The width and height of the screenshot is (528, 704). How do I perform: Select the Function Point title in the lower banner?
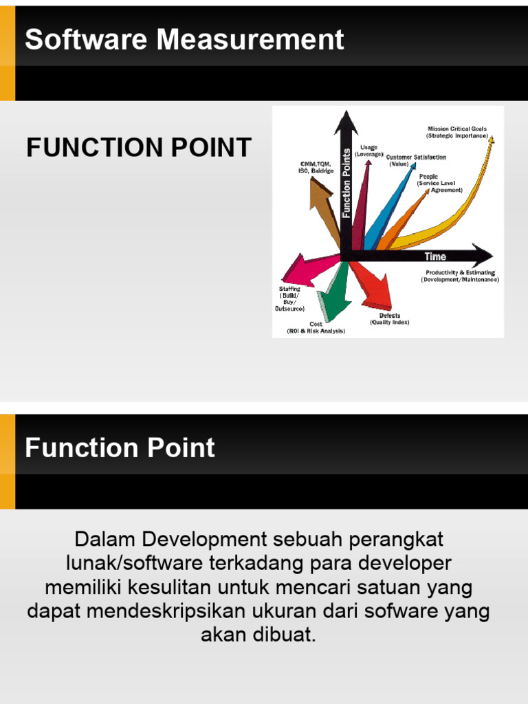click(x=120, y=448)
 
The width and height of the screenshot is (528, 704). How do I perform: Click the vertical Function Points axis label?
click(x=346, y=183)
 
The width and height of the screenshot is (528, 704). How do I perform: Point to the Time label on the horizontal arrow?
click(x=435, y=256)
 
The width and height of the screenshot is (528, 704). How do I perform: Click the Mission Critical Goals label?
click(x=457, y=132)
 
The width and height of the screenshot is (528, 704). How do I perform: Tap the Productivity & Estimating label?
click(x=460, y=276)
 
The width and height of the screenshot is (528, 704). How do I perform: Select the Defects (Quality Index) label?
click(x=390, y=319)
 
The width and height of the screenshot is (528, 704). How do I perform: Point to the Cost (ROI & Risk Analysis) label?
click(x=316, y=327)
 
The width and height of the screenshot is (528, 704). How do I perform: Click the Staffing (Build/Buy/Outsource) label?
click(x=289, y=298)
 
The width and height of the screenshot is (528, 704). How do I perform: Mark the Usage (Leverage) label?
click(x=368, y=151)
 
